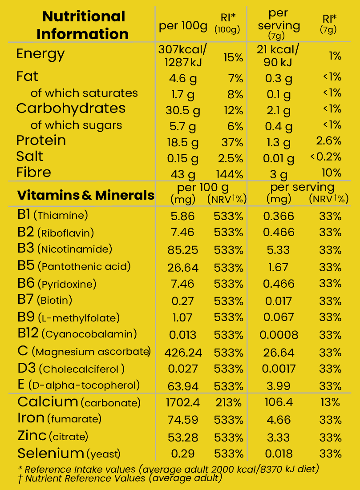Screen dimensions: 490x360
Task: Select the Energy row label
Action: pos(40,54)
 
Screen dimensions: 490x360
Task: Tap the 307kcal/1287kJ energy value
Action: pos(183,56)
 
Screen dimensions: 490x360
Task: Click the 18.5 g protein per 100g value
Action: pos(183,142)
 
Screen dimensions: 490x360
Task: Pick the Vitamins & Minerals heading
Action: pos(85,195)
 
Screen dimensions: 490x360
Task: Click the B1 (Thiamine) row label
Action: pos(53,216)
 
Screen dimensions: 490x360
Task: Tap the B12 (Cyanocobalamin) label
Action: pos(77,333)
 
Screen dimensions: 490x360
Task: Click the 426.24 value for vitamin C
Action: pos(183,353)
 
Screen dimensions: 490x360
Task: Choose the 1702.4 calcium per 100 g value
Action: pos(183,403)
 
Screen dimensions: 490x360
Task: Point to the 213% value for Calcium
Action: pos(229,403)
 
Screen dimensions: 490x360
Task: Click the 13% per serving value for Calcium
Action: pos(330,403)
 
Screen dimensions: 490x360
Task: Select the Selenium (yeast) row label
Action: pos(69,454)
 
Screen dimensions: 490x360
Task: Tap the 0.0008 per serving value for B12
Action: pos(279,335)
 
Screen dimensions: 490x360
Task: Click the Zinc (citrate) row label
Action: pos(53,436)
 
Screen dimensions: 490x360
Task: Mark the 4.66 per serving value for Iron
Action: pos(279,420)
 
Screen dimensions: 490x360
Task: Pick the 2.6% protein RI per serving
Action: pos(328,141)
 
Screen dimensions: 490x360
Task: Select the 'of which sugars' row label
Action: pos(76,125)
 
